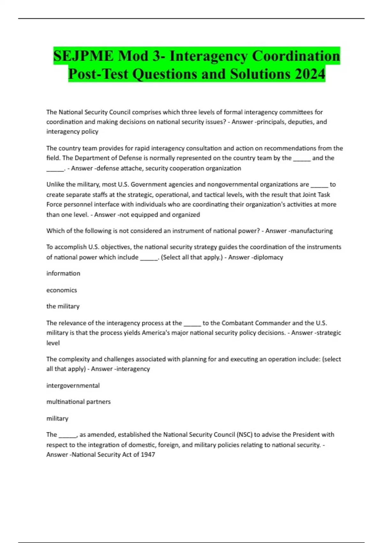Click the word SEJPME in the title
click(x=83, y=56)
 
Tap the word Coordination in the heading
click(x=296, y=56)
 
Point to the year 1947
click(x=147, y=455)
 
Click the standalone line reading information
click(x=63, y=273)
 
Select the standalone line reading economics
click(x=62, y=290)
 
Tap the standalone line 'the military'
click(x=63, y=306)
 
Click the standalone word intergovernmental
click(x=73, y=386)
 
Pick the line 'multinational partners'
click(x=79, y=402)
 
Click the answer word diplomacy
click(x=268, y=257)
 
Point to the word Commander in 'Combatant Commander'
click(x=273, y=323)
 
